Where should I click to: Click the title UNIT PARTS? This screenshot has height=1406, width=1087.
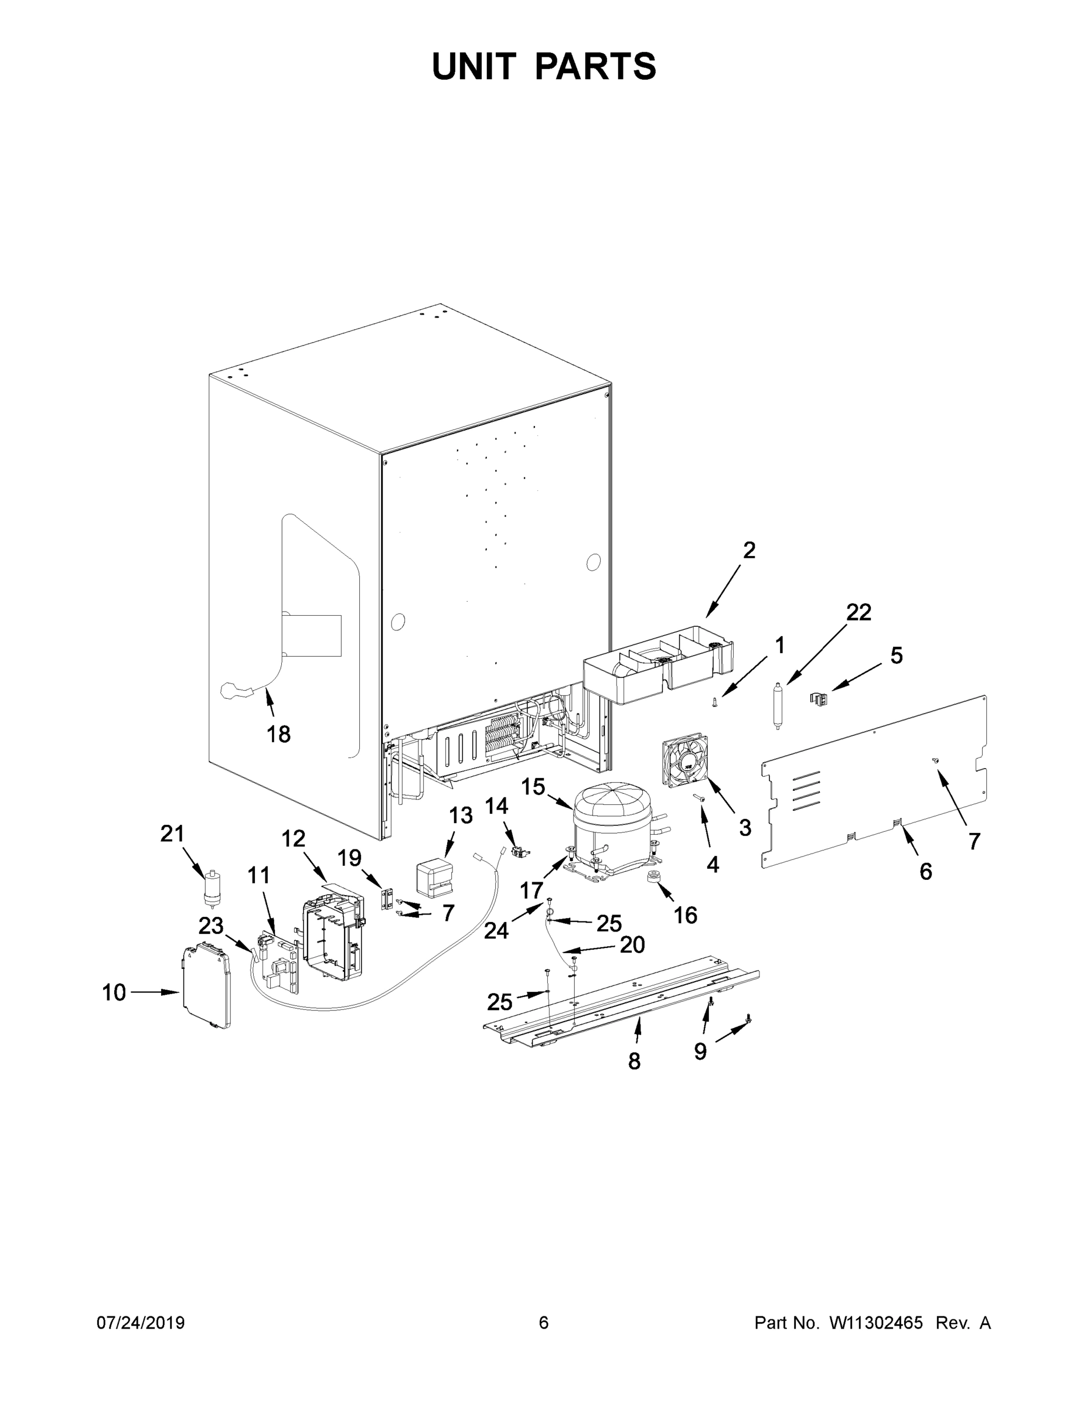544,66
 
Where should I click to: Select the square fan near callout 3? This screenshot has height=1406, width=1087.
684,763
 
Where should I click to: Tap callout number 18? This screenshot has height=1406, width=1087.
278,734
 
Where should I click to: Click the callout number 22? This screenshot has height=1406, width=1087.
858,612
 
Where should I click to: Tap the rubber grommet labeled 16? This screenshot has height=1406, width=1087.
656,879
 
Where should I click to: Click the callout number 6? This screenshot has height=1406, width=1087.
925,872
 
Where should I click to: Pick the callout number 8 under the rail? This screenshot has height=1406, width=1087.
634,1061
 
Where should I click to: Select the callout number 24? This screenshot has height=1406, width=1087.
496,930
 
